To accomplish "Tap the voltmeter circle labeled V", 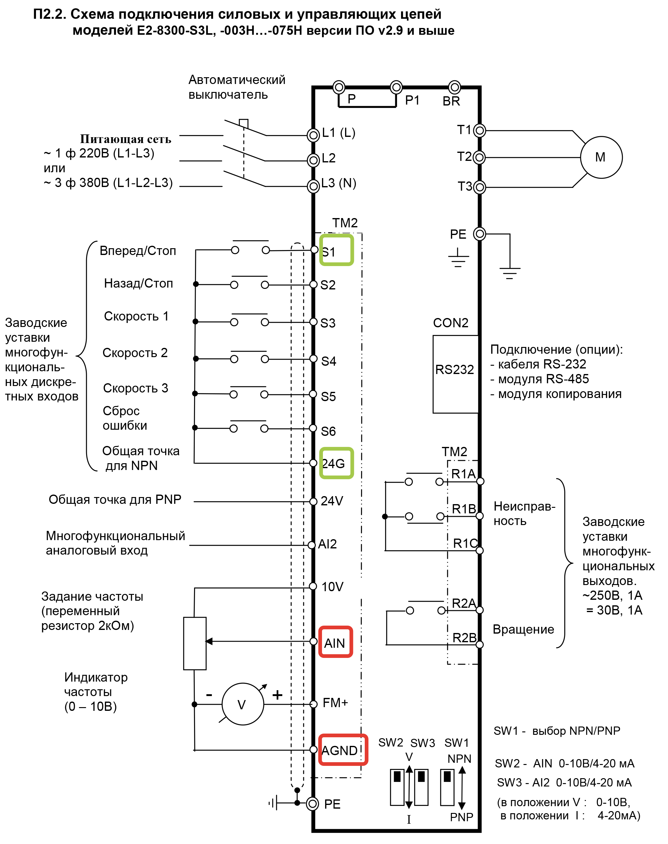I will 242,704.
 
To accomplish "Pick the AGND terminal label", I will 340,750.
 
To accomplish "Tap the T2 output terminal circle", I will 479,157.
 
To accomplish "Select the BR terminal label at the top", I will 451,101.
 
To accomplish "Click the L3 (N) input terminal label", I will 338,183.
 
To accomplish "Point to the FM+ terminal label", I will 335,703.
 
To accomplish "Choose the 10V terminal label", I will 332,587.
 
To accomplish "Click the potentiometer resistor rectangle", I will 195,643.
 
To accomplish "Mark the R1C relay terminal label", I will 465,543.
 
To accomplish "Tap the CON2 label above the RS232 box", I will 451,323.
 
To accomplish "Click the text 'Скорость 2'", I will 135,353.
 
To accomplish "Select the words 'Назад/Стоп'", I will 138,283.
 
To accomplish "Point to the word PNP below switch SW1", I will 462,817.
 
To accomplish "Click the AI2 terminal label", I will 327,544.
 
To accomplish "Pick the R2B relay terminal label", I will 464,638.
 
